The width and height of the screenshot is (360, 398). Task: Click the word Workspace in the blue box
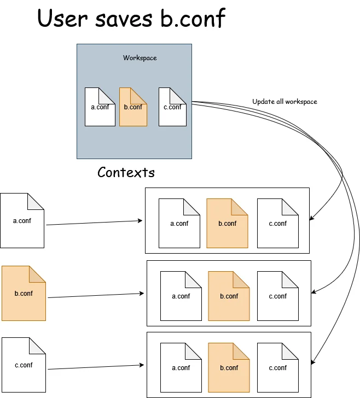[140, 58]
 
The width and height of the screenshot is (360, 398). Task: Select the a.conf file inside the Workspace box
[100, 107]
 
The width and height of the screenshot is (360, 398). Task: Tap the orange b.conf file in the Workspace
[133, 107]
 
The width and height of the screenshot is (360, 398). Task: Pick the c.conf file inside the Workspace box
[173, 107]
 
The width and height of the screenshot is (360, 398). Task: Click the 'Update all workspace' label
[284, 102]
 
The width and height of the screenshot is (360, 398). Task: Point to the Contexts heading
[126, 173]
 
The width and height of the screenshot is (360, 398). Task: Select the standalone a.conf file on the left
[22, 221]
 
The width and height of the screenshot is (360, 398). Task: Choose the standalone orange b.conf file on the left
[24, 294]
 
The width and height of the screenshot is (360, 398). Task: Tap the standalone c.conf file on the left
[24, 365]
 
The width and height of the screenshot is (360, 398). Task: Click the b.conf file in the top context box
[227, 223]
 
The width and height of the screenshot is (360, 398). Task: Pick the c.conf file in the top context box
[277, 223]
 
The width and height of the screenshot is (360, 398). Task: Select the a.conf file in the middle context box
[181, 296]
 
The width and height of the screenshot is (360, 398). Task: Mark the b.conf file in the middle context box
[229, 296]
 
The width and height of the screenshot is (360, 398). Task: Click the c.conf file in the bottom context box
[277, 368]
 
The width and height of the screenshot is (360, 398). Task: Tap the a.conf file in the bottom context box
[181, 368]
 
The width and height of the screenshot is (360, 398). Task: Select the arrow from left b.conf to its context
[96, 296]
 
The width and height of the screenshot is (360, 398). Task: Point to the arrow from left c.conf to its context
[96, 367]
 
